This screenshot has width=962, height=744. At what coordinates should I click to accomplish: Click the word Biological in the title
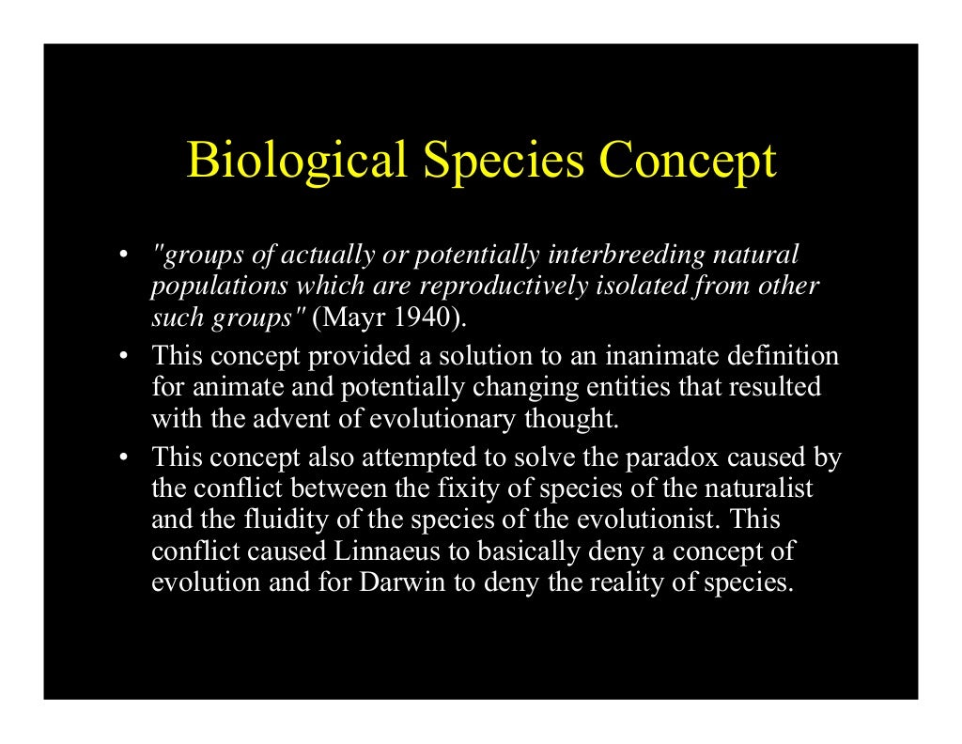tap(297, 161)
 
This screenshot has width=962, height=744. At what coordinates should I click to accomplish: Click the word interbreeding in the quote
tap(627, 255)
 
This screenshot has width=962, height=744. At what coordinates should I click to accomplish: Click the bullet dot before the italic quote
tap(123, 256)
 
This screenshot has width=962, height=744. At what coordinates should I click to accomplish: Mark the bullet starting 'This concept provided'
tap(123, 357)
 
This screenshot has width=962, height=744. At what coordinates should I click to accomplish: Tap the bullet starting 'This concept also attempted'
tap(123, 458)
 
